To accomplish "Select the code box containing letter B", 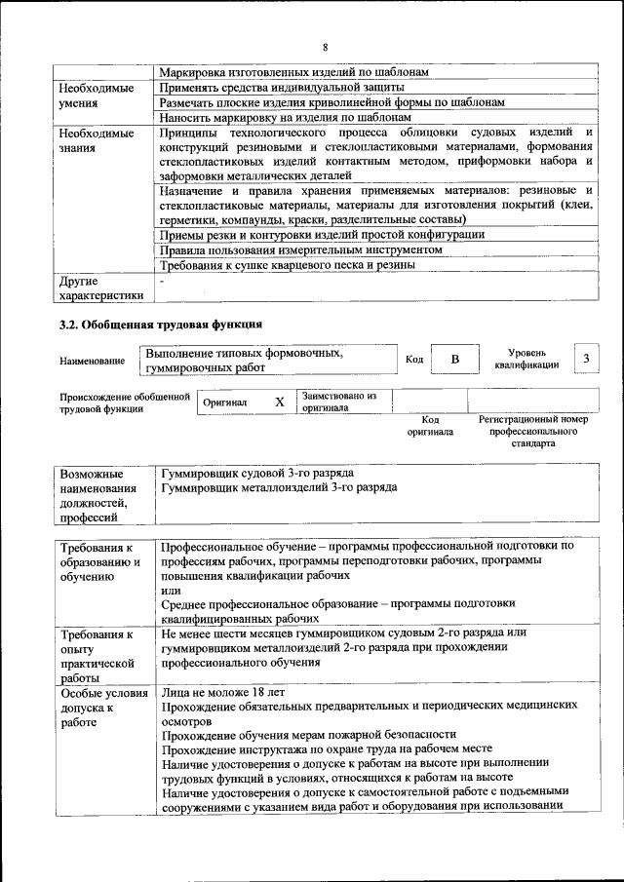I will (453, 360).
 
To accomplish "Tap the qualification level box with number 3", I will (586, 359).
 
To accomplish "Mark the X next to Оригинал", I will (279, 402).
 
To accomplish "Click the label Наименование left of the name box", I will (92, 361).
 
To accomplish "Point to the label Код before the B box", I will (413, 360).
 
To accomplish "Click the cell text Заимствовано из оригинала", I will (338, 402).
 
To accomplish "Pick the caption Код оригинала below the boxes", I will (430, 425).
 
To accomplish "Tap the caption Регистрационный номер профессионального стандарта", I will (532, 431).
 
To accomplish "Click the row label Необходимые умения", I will (96, 95).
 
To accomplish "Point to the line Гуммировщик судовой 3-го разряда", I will (257, 472).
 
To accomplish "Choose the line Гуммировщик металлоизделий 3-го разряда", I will (279, 485).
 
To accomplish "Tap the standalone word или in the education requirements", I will (170, 591).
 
